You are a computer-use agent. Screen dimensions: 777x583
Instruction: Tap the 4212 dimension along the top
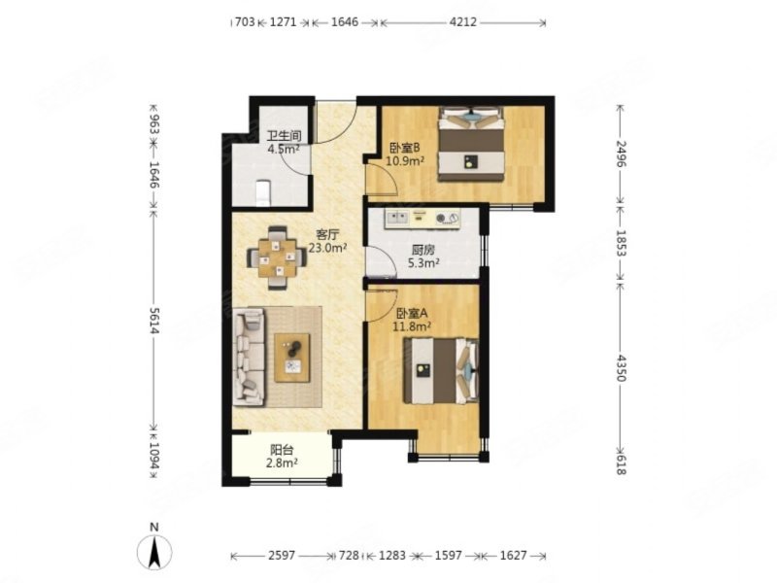click(x=464, y=21)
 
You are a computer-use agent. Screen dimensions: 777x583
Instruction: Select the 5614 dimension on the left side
click(x=154, y=321)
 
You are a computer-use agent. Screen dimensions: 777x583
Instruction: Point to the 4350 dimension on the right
click(x=621, y=367)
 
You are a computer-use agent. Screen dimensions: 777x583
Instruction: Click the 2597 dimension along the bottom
click(x=282, y=555)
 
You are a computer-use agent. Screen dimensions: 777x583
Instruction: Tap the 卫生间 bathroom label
click(x=284, y=136)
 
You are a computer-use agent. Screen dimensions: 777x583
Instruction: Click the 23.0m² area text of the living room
click(x=327, y=248)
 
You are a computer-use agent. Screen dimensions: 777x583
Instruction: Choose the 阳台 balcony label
click(x=282, y=450)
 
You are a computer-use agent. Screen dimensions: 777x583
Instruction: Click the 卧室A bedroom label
click(x=412, y=313)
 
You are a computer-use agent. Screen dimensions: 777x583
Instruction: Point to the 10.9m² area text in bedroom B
click(x=405, y=160)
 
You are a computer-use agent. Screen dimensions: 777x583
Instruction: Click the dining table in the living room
click(x=277, y=257)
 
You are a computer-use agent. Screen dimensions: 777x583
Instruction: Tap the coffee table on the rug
click(x=292, y=358)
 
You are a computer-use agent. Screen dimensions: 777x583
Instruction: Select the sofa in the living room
click(x=249, y=357)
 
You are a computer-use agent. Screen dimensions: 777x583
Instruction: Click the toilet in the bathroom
click(x=262, y=192)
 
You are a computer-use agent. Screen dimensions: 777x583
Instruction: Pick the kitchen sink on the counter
click(x=397, y=217)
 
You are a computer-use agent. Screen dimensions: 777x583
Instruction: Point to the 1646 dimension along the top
click(x=345, y=21)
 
